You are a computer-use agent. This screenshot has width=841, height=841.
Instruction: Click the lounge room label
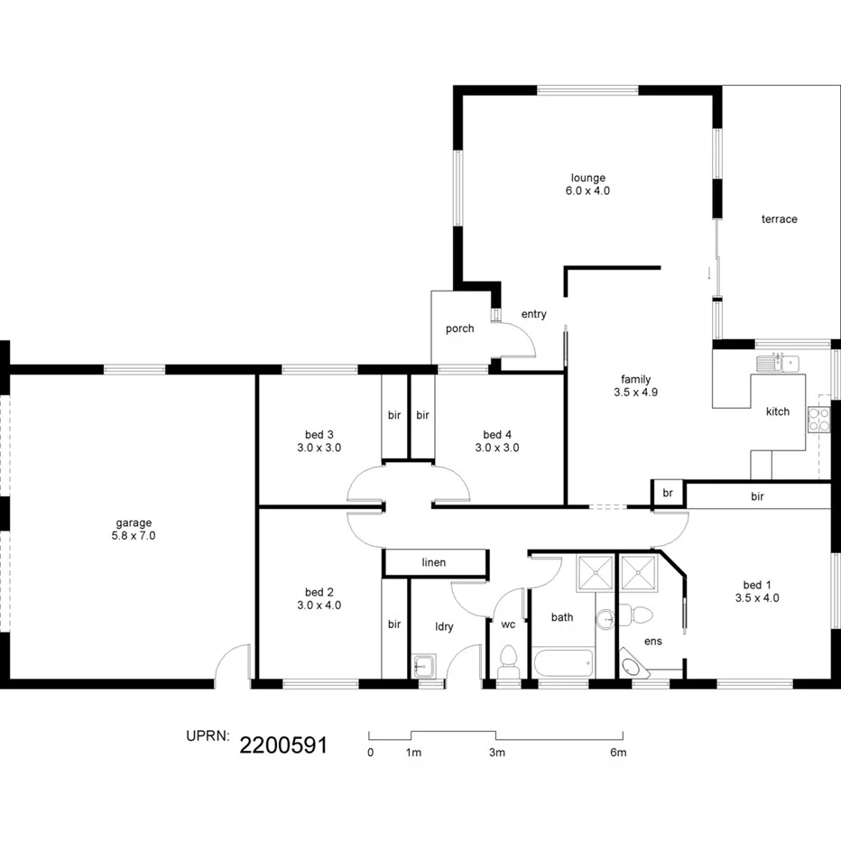(587, 178)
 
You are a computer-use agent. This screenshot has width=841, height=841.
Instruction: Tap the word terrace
(779, 219)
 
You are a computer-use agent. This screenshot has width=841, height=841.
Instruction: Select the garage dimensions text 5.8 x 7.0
(134, 536)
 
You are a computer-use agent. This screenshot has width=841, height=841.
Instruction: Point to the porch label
(459, 328)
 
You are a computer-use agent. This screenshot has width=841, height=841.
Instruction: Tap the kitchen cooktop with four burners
(818, 419)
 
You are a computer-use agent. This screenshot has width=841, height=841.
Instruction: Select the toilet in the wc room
(507, 661)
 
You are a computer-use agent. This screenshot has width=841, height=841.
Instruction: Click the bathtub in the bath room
(563, 663)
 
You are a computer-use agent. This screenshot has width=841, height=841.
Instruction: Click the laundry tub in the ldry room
(423, 667)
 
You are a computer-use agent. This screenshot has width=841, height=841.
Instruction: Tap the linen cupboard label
(433, 563)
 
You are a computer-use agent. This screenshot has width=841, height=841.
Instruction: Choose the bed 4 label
(497, 435)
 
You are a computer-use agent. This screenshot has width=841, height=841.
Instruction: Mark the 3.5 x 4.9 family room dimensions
(635, 393)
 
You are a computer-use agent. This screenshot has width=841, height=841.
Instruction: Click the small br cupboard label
(667, 494)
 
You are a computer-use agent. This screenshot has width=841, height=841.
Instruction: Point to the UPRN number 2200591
(282, 744)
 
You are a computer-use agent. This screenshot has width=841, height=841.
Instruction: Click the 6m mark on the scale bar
(618, 752)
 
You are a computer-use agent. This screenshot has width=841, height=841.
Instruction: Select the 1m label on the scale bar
(413, 752)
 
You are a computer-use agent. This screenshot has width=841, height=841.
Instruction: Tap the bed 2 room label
(319, 593)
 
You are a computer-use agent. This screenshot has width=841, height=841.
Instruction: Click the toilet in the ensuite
(642, 615)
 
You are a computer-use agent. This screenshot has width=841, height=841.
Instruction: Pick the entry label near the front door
(533, 314)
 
